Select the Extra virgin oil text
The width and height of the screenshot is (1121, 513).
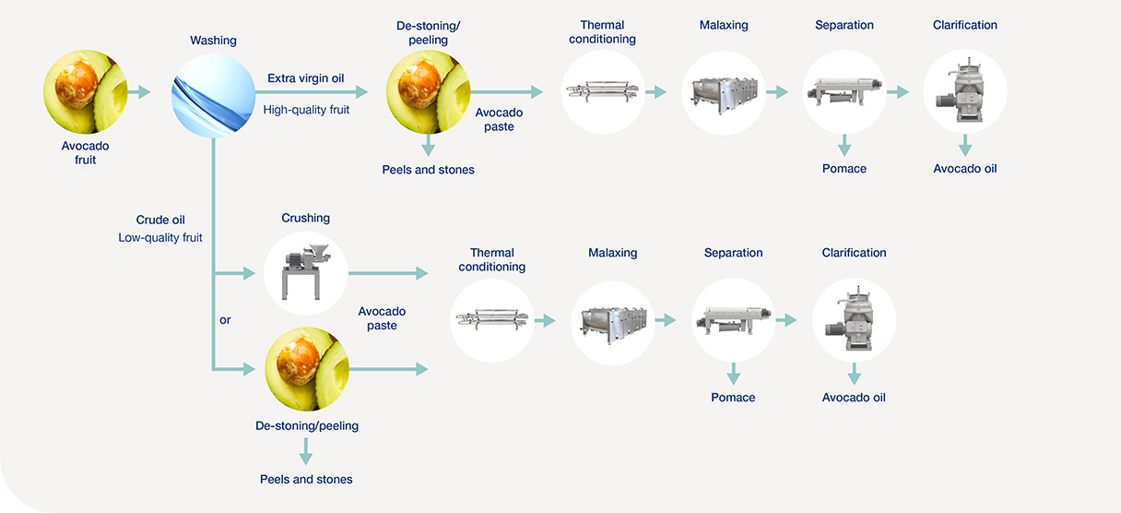point(305,78)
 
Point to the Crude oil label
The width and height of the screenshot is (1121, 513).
point(160,220)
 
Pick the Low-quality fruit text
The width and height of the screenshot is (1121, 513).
point(160,237)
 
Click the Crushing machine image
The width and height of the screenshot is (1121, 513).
point(306,274)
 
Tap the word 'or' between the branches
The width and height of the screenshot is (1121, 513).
point(226,320)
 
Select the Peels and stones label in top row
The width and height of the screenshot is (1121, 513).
point(428,170)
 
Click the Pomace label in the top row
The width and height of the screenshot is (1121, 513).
point(844,169)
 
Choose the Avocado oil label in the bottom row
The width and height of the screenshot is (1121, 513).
point(854,398)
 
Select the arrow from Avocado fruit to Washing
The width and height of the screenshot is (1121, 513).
point(138,92)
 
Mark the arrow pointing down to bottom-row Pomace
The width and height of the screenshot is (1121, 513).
point(734,374)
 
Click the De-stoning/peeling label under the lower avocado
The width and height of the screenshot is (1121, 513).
point(307,426)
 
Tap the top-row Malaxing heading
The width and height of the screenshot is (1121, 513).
point(723,25)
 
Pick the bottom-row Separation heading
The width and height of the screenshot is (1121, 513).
point(733,253)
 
